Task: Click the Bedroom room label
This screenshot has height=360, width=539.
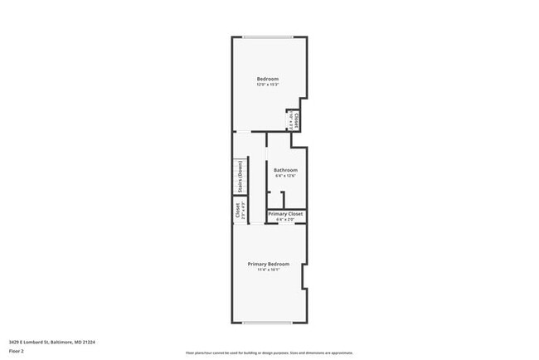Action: [x=267, y=79]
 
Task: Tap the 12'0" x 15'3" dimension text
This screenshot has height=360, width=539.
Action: [x=267, y=85]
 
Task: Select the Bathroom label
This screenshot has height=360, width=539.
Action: [x=285, y=170]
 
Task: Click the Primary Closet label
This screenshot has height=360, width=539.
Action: [x=285, y=214]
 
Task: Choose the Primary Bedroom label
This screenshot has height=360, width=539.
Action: [x=268, y=264]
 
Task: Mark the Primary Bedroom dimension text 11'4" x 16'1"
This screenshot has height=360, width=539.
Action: [x=268, y=270]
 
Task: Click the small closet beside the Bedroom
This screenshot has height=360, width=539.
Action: [x=293, y=120]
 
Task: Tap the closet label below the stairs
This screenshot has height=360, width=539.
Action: [x=238, y=212]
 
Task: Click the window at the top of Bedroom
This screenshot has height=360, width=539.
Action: [x=267, y=36]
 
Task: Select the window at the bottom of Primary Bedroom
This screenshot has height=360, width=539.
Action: [x=268, y=323]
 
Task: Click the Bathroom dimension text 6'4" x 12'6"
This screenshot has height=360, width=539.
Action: [x=285, y=176]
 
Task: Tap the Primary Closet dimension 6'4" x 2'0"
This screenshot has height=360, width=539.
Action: [x=285, y=219]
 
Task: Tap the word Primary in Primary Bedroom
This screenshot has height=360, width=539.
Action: [x=257, y=264]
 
